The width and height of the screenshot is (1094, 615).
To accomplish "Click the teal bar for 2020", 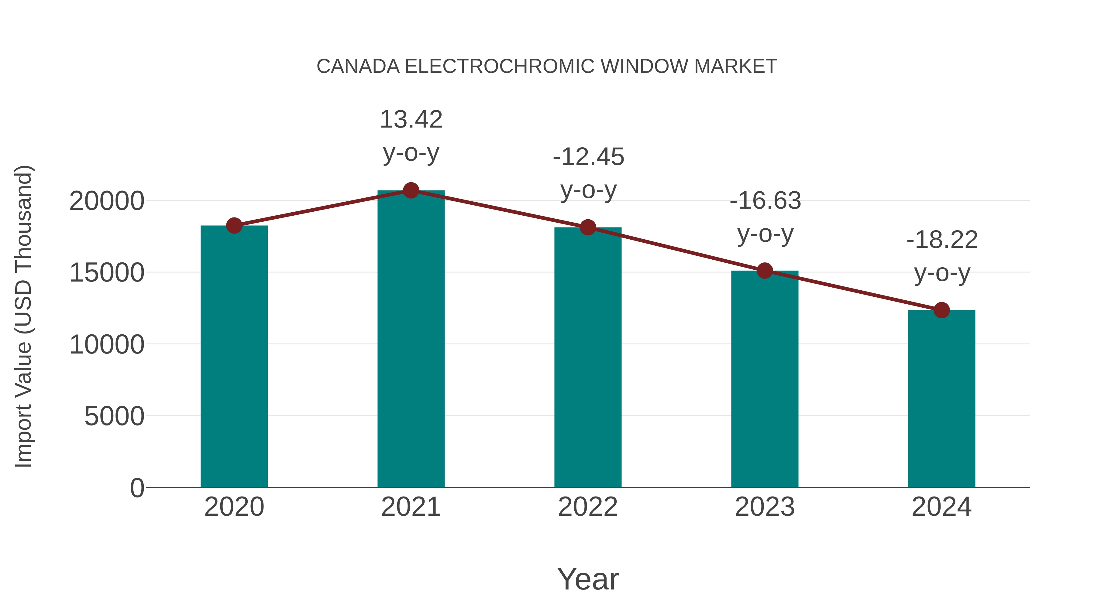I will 234,357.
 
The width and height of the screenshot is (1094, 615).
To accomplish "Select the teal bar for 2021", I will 411,340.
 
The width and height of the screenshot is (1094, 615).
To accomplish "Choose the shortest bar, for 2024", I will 941,399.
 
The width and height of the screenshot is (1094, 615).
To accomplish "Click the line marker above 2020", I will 234,225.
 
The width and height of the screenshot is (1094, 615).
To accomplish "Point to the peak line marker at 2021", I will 411,190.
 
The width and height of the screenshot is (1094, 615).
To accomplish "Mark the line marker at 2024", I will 941,310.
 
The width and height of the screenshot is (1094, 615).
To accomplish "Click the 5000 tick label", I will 114,416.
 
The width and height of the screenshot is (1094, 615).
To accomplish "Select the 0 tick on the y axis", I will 137,488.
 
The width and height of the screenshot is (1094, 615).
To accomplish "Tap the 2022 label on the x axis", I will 588,507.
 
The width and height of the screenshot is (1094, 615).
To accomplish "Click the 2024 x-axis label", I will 941,507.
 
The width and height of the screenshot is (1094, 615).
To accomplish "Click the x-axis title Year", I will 588,579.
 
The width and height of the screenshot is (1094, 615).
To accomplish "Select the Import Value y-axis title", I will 24,316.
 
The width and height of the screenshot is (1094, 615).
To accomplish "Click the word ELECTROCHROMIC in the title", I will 500,67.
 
